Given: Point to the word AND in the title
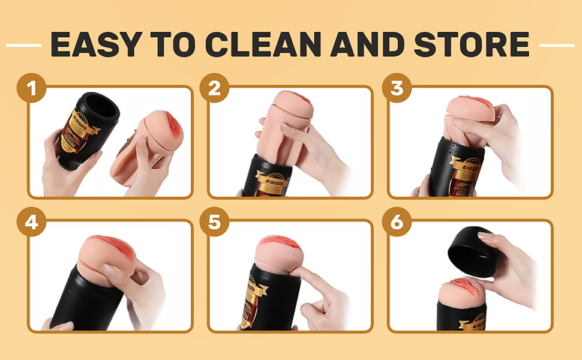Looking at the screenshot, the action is point(367,44).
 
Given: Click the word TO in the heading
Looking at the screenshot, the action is point(173,44).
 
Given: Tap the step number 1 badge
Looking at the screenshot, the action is point(32,88).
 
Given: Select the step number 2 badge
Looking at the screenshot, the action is point(214,88).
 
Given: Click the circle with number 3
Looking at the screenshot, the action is point(397,88).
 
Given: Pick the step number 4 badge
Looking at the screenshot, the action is point(32,222).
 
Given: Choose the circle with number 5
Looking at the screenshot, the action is point(214,222).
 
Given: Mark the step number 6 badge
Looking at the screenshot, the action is point(397,222).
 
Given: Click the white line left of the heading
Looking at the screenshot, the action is point(24,45).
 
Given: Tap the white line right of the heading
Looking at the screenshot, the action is point(557,45).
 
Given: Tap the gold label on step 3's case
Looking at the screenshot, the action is point(463,175).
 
